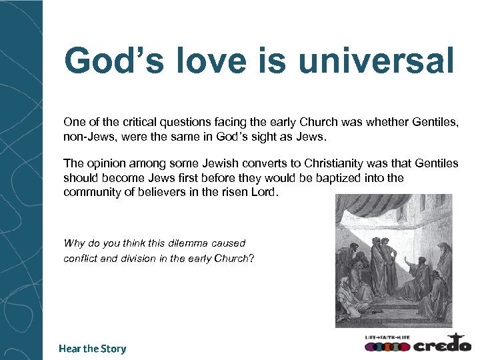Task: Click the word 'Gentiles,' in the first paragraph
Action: (x=436, y=123)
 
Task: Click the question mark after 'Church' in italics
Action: (x=251, y=259)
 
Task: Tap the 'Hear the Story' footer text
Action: (x=92, y=349)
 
